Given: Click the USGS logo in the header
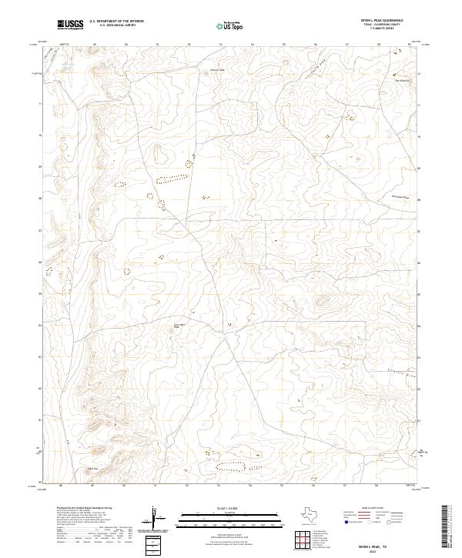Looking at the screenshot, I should [70, 25].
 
